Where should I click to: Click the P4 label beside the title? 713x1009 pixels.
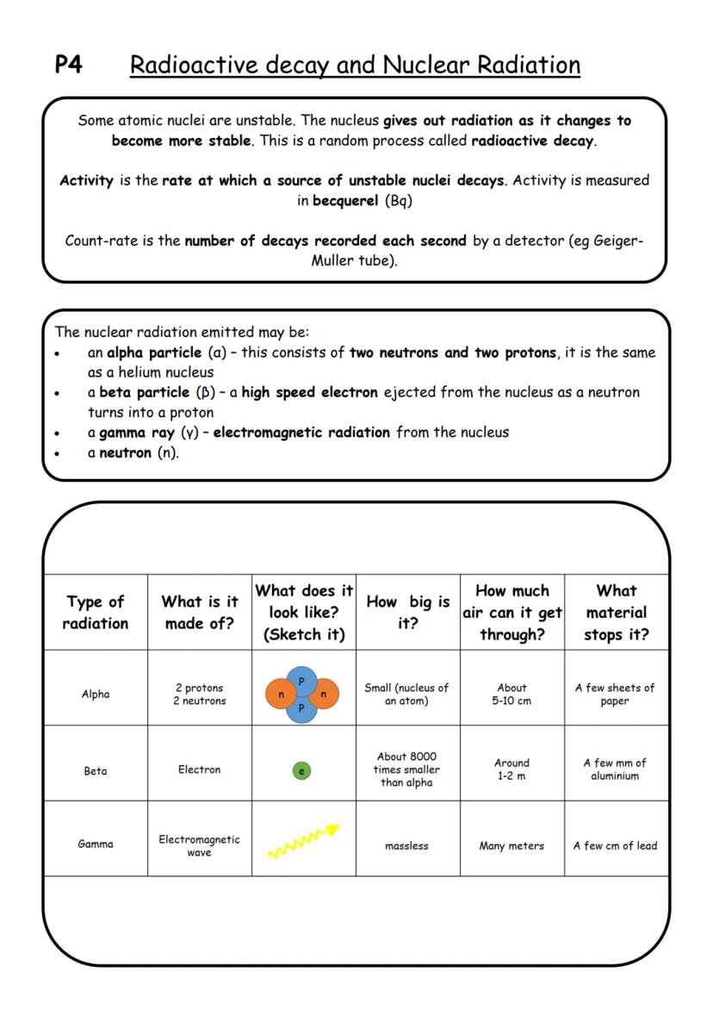point(69,65)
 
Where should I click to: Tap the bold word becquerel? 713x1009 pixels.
point(344,200)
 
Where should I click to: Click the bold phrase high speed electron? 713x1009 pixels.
point(309,392)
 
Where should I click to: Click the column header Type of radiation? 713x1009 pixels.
point(96,612)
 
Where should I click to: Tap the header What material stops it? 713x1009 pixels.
point(616,612)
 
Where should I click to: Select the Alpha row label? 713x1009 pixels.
point(96,694)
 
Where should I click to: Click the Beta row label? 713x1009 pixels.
point(96,770)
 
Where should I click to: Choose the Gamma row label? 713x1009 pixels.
point(96,844)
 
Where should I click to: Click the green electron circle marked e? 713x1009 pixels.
point(301,771)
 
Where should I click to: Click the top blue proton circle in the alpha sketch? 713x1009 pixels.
point(301,681)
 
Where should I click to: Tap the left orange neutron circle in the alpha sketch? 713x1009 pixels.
point(282,694)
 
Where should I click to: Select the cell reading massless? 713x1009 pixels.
point(406,846)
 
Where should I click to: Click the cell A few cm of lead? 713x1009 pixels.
point(615,846)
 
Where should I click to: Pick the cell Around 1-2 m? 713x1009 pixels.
point(512,769)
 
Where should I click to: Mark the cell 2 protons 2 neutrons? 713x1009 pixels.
point(200,694)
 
